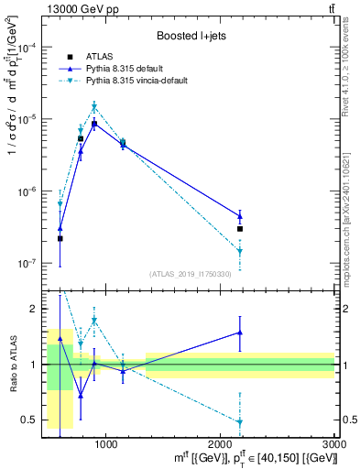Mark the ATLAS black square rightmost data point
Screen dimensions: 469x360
coord(240,229)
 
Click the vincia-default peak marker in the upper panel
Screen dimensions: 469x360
coord(94,107)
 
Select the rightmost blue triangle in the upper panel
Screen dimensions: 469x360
coord(240,216)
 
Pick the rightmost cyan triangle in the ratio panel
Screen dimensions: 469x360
coord(240,422)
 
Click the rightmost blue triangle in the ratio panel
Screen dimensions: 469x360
coord(240,333)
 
